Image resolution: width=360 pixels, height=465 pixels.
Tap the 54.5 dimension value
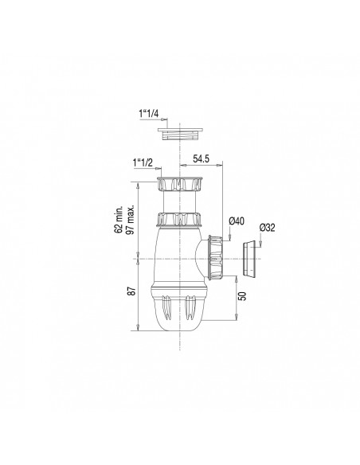point(202,158)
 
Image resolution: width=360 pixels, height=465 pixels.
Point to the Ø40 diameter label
point(237,221)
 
